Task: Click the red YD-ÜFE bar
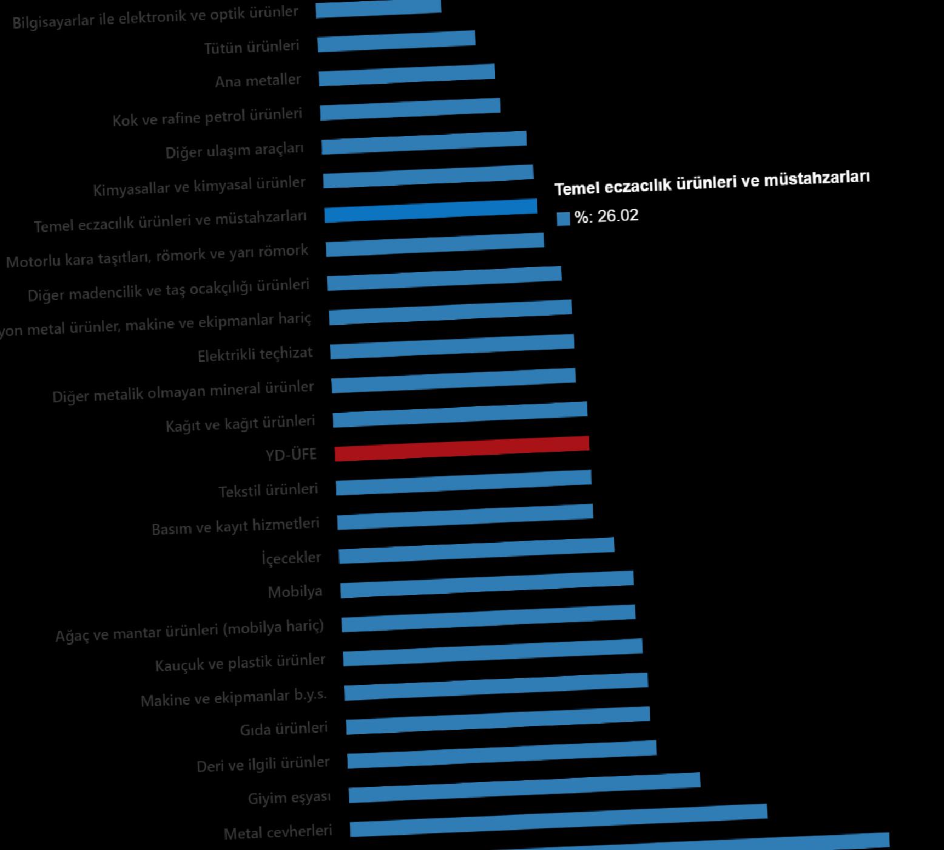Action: point(462,449)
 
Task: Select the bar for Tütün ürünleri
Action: point(396,41)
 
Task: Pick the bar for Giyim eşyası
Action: point(524,787)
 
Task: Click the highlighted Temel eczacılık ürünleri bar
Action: point(431,211)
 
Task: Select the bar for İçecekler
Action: point(476,550)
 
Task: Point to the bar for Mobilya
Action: point(487,584)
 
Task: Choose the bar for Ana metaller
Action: point(406,75)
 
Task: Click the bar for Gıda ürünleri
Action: point(497,720)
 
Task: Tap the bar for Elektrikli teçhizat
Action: point(452,346)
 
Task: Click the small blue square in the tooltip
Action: point(564,219)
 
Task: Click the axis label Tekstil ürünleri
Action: point(268,490)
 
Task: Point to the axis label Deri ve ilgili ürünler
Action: point(263,764)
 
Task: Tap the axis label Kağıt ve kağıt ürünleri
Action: point(240,423)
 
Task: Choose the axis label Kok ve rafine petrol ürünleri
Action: point(207,117)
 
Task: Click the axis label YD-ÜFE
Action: point(291,454)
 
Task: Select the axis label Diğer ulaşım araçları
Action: point(235,150)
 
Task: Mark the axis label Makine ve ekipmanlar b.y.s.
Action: point(234,698)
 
